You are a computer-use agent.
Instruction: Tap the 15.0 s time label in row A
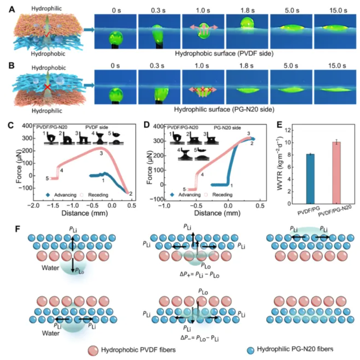(334, 9)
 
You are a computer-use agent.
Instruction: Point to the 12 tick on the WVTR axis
(288, 130)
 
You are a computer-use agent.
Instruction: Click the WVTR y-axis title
(279, 167)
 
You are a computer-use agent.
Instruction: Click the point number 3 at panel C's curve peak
(101, 153)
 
